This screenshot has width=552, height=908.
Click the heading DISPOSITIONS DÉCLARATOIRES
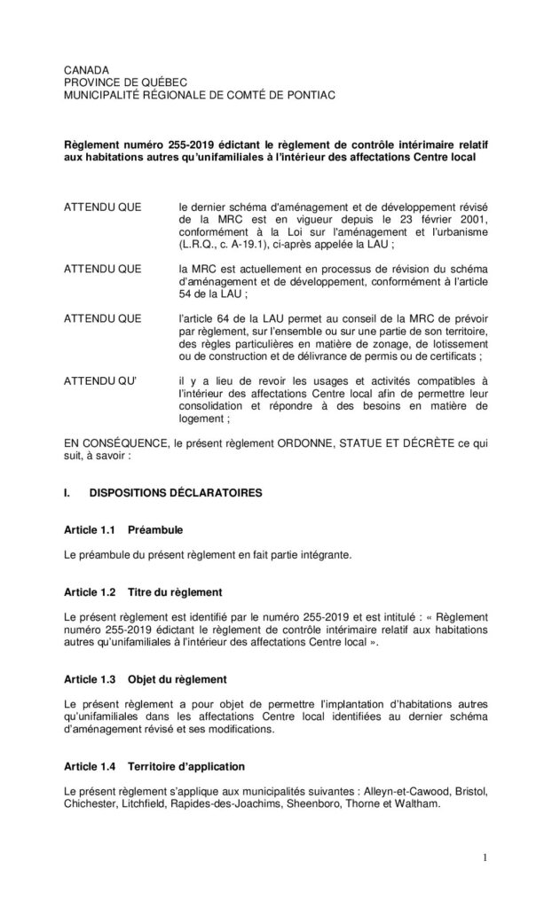click(189, 493)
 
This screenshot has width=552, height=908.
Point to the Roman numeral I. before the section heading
click(67, 493)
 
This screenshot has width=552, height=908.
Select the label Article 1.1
click(91, 530)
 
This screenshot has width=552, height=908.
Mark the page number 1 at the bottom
click(486, 857)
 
